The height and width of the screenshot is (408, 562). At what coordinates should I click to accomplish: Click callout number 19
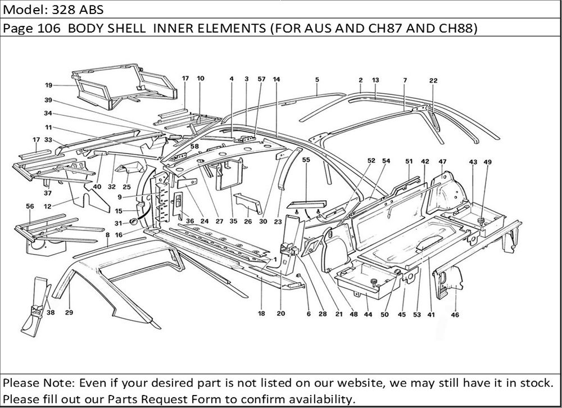click(x=49, y=85)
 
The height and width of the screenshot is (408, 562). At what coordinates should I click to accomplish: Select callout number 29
click(x=69, y=313)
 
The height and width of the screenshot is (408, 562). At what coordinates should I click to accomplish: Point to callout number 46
click(x=455, y=315)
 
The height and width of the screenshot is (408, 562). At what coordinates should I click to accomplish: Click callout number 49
click(x=487, y=162)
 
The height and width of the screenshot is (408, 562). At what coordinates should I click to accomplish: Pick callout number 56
click(x=29, y=206)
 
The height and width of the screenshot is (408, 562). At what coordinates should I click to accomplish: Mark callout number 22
click(x=433, y=80)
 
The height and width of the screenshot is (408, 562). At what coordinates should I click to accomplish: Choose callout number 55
click(x=306, y=160)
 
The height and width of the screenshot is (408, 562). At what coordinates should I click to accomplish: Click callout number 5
click(x=317, y=80)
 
